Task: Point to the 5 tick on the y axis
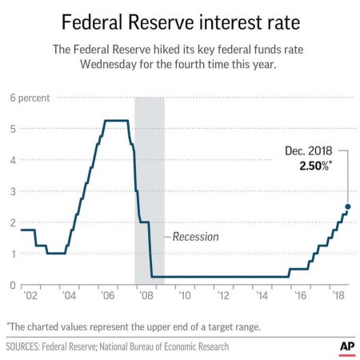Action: [x=12, y=129]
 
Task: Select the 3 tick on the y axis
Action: [x=12, y=191]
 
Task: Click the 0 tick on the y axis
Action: [x=12, y=285]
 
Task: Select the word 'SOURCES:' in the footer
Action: [x=26, y=346]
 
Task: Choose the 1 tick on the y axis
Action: [x=12, y=254]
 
